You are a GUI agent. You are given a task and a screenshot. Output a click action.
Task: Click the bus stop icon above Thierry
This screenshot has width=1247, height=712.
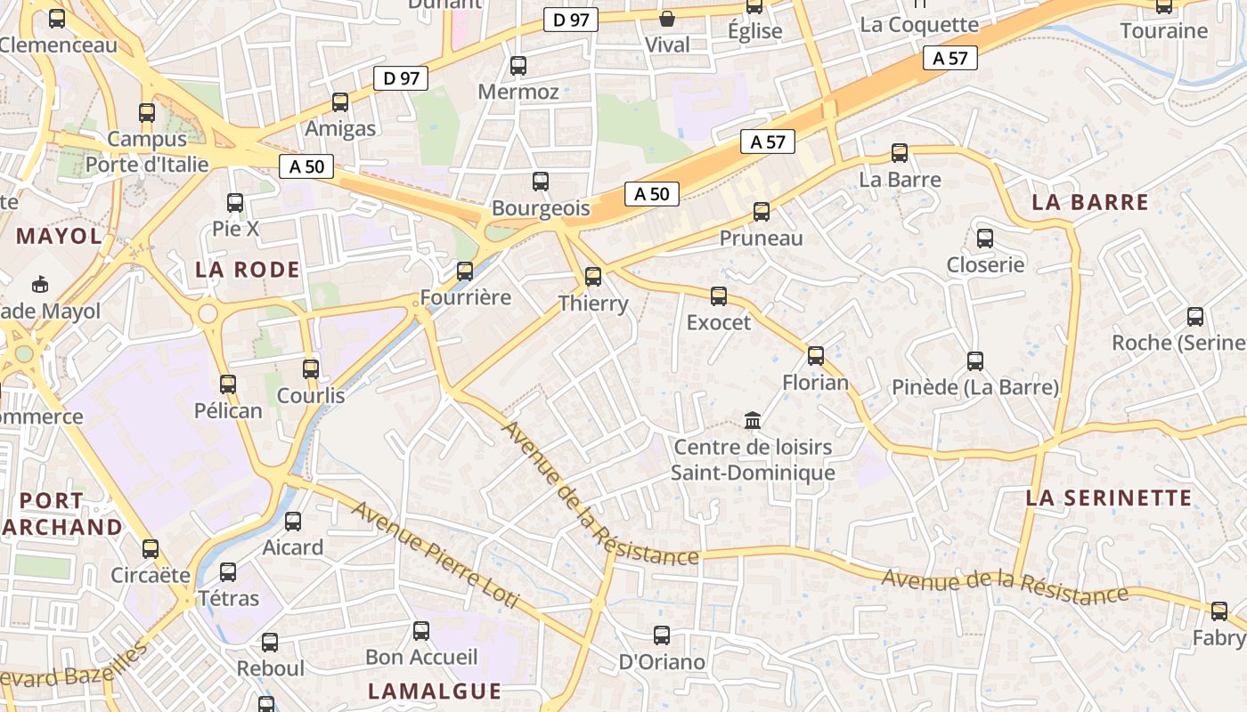click(593, 277)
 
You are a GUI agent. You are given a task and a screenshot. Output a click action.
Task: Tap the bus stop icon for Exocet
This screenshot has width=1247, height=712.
click(719, 296)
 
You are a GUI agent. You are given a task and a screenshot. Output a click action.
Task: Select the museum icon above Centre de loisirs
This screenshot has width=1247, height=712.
click(753, 420)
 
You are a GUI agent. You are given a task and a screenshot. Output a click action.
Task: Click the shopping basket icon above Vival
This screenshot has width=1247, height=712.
click(667, 18)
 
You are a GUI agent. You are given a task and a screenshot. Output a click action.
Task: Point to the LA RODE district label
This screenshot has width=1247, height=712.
click(248, 270)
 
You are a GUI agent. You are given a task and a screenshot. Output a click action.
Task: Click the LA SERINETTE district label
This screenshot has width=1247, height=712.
click(1109, 498)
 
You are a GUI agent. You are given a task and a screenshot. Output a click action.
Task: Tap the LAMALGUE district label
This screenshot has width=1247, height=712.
click(435, 691)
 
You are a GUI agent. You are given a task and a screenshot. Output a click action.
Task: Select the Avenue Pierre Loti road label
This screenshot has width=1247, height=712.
click(436, 555)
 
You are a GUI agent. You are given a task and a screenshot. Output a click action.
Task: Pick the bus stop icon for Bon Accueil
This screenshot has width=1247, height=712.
click(421, 631)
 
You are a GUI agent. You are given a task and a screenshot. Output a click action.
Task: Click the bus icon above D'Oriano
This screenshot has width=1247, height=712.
click(662, 635)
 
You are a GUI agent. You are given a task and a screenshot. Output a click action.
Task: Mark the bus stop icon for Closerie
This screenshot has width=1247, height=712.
click(985, 239)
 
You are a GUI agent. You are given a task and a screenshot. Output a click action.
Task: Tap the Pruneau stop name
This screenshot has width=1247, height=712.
click(761, 238)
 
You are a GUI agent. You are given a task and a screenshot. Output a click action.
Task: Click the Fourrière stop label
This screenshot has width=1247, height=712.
click(465, 297)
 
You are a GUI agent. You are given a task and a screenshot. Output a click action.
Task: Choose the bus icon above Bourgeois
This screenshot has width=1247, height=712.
click(541, 182)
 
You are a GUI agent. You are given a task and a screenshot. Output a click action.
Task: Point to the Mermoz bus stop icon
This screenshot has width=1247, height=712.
click(518, 66)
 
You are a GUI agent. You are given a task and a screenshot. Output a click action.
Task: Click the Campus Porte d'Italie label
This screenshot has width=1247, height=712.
click(147, 151)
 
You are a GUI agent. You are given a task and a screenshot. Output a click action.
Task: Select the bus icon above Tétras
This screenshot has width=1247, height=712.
click(229, 571)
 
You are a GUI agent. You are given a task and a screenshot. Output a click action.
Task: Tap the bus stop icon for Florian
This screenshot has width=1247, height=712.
click(816, 356)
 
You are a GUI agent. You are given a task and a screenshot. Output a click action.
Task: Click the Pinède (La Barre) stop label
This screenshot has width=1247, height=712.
click(975, 387)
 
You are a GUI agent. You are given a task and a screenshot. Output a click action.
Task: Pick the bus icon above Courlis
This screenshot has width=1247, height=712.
click(311, 368)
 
